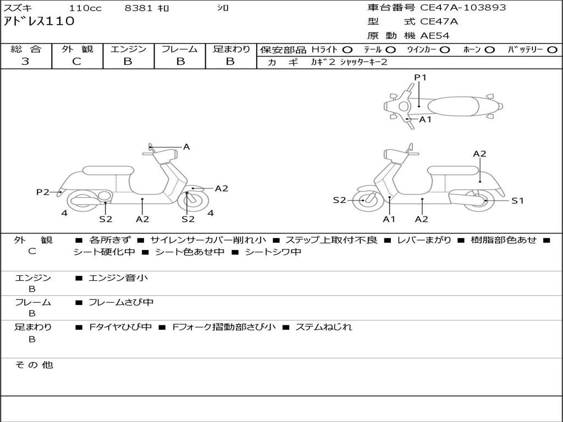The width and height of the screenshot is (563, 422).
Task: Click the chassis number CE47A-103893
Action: coord(463,7)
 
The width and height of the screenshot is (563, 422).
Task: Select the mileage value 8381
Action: coord(138,8)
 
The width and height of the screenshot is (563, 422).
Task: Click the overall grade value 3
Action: coord(25,61)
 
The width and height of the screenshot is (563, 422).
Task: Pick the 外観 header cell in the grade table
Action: coord(77,49)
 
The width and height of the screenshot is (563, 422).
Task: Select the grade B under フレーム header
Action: coord(180,62)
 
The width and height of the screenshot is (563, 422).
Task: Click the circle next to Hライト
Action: coord(347,50)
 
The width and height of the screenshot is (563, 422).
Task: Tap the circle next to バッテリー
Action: coord(552,50)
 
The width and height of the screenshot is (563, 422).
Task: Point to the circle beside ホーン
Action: coord(489,50)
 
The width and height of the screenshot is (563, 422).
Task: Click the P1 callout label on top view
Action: coord(420,77)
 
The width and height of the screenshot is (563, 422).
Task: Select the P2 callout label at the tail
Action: coord(43,192)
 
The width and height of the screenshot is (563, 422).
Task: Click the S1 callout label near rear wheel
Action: coord(517,201)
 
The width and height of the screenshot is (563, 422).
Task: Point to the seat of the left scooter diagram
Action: coord(108,170)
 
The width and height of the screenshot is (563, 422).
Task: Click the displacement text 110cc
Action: coord(85,8)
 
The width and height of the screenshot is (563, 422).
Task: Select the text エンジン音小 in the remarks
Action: coord(118,277)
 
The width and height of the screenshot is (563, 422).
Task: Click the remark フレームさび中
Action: coord(121,302)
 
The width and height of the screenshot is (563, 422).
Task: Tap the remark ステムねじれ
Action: coord(323,327)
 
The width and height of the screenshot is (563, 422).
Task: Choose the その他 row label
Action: coord(34,365)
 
